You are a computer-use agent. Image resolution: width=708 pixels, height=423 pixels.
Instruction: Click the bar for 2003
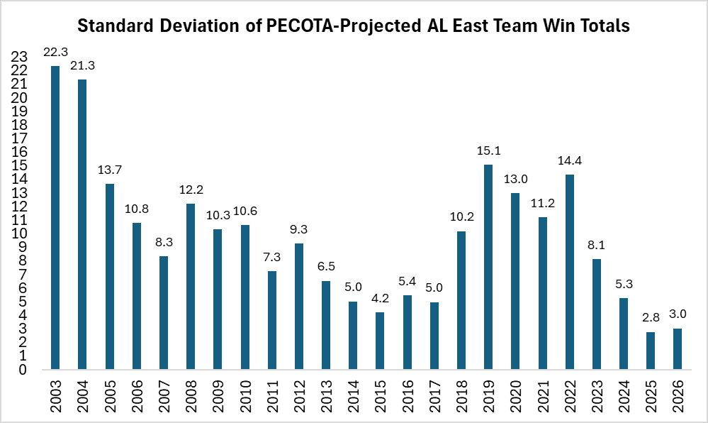pos(55,217)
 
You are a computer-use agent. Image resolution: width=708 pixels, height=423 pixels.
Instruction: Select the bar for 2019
pos(488,267)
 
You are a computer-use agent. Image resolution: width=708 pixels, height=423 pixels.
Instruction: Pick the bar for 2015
pos(380,341)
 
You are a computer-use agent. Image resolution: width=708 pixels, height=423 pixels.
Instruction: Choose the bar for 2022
pos(570,272)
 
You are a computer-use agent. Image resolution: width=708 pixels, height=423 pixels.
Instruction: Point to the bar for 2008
pos(191,287)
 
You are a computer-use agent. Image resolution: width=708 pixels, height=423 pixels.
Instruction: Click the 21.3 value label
pos(82,65)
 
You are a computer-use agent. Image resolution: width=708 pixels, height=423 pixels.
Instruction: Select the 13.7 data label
pos(109,170)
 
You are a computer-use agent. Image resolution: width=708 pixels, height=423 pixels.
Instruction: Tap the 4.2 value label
pos(380,299)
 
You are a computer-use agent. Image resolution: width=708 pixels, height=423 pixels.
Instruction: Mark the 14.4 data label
pos(570,161)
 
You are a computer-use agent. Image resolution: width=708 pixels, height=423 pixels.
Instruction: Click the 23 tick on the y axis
pos(20,57)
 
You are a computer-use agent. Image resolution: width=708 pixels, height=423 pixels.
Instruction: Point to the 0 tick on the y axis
pos(23,370)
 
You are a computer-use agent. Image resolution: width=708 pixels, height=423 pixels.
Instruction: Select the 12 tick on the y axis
pos(20,207)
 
